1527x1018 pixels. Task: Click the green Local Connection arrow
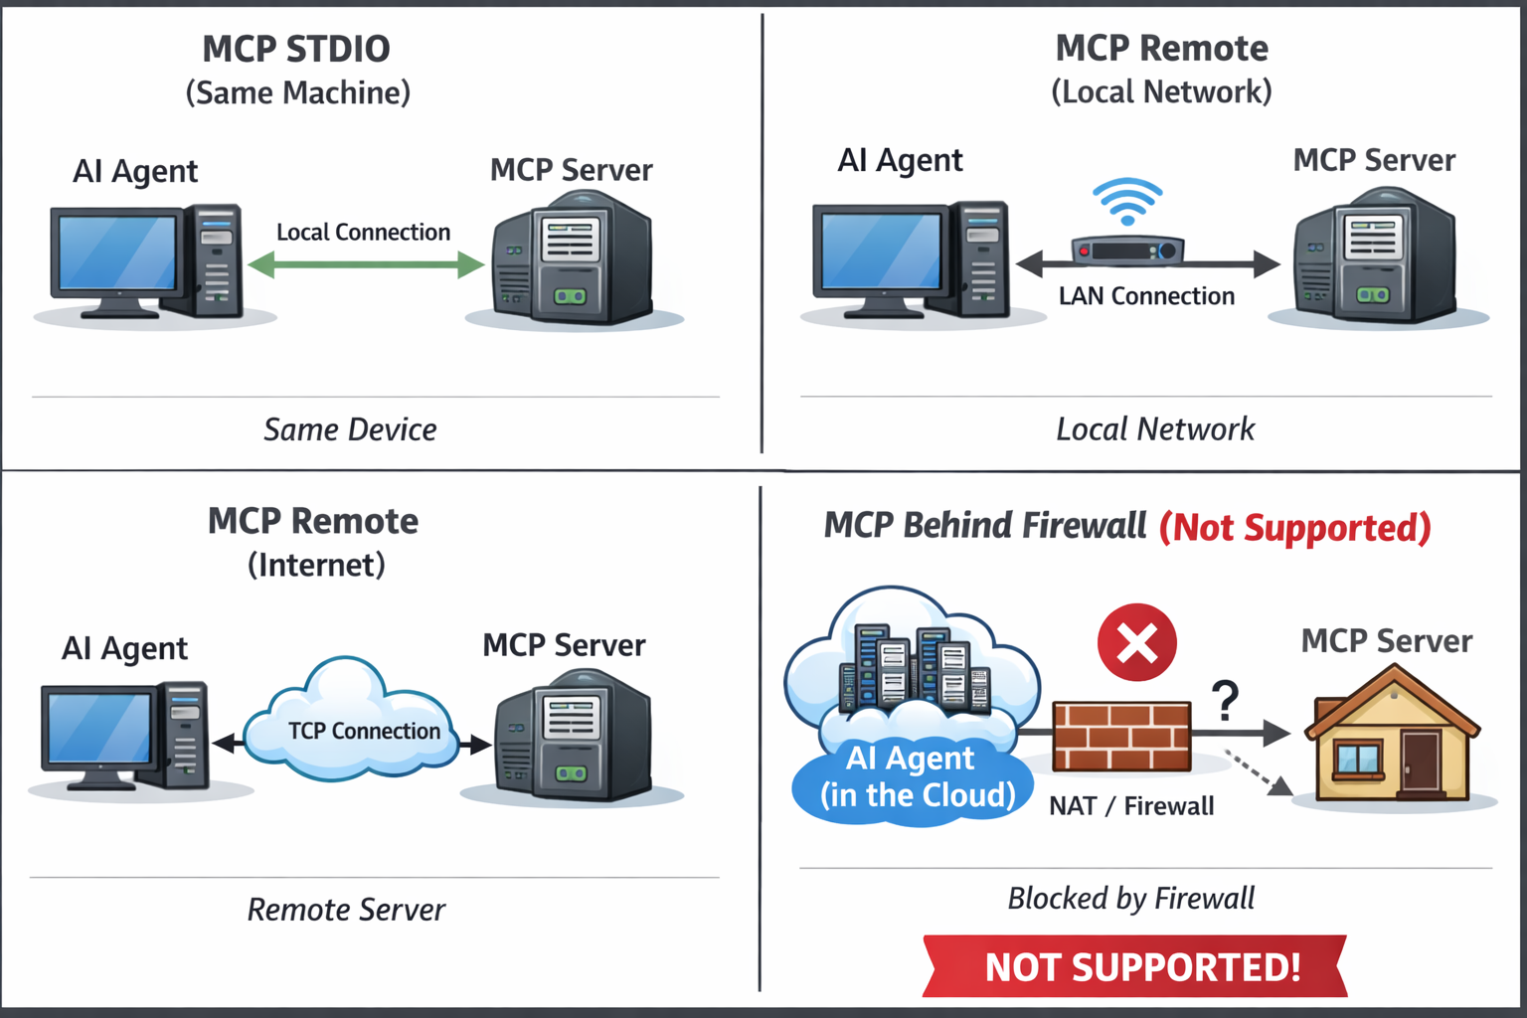(x=365, y=264)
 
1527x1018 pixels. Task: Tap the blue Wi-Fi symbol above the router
(x=1127, y=201)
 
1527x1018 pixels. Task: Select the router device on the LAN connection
(x=1127, y=251)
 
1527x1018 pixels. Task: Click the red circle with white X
(x=1137, y=642)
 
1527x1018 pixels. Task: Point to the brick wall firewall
(x=1121, y=736)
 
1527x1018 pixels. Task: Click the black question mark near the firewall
(x=1226, y=700)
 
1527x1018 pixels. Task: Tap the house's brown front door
(x=1421, y=762)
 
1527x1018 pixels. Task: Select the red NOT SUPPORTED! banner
(x=1135, y=966)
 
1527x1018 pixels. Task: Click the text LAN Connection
(x=1146, y=296)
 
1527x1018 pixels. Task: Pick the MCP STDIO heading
(x=296, y=49)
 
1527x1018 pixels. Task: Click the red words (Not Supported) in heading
(x=1294, y=527)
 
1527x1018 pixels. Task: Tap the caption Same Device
(x=350, y=429)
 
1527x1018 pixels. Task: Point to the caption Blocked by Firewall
(x=1130, y=899)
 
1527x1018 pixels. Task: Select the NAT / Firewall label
(x=1131, y=806)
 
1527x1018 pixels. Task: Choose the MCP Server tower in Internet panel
(x=573, y=736)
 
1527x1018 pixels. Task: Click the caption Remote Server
(x=346, y=910)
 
